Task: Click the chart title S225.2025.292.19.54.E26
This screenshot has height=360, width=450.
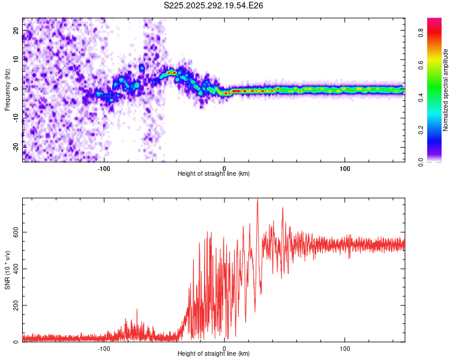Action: pyautogui.click(x=214, y=5)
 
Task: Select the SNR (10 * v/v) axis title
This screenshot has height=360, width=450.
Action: pyautogui.click(x=7, y=270)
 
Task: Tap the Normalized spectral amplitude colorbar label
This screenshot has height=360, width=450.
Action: pyautogui.click(x=446, y=90)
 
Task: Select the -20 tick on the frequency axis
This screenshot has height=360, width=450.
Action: pyautogui.click(x=15, y=146)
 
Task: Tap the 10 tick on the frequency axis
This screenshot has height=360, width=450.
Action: pyautogui.click(x=17, y=59)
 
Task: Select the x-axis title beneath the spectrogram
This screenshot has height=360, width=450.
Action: pyautogui.click(x=214, y=174)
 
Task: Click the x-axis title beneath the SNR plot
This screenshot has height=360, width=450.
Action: pyautogui.click(x=214, y=354)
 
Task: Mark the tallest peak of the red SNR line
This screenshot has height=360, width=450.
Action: pyautogui.click(x=257, y=200)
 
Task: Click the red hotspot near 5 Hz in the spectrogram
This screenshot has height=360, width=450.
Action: pyautogui.click(x=172, y=73)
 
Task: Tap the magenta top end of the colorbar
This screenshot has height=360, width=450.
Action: pyautogui.click(x=434, y=20)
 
